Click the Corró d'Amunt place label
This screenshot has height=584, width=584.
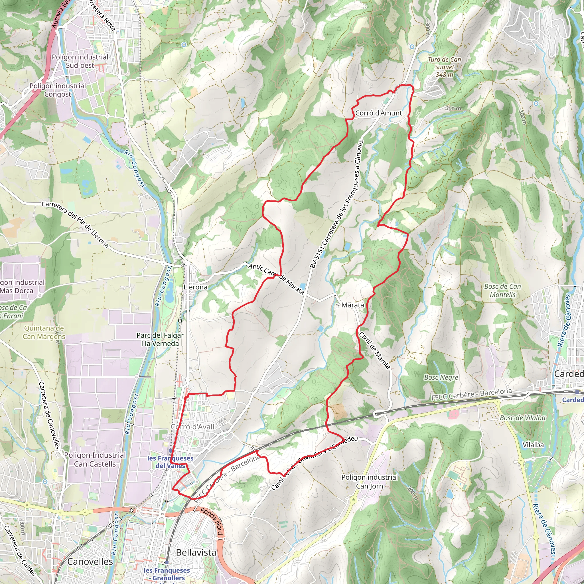click(378, 113)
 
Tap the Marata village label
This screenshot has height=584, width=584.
click(352, 305)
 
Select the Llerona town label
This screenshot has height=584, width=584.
click(196, 287)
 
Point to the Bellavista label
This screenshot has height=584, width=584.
click(196, 552)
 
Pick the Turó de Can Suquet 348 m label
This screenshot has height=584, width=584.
click(444, 67)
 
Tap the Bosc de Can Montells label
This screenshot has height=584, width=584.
click(502, 291)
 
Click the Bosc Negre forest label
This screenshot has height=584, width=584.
click(441, 377)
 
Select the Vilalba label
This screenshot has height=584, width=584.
click(533, 445)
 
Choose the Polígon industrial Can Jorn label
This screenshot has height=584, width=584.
click(369, 482)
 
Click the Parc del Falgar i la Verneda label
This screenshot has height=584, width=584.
click(160, 339)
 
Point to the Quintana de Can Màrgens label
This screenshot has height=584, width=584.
click(44, 332)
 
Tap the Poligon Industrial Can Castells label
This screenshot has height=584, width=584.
click(95, 459)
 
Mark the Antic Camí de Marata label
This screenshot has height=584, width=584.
click(276, 279)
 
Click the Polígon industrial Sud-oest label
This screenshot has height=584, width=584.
click(80, 61)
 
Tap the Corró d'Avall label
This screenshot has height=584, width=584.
click(192, 427)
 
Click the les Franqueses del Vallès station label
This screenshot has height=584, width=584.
click(170, 462)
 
